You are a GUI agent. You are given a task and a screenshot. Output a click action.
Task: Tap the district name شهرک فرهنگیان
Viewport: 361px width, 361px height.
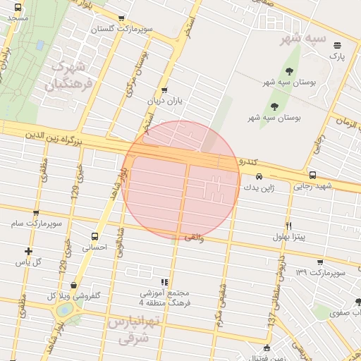[68, 78]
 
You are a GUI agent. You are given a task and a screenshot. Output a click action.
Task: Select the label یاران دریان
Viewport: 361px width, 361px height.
[164, 101]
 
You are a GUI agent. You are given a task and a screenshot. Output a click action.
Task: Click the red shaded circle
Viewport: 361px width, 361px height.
[181, 180]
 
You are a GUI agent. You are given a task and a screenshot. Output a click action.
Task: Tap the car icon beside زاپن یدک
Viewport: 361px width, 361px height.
[259, 177]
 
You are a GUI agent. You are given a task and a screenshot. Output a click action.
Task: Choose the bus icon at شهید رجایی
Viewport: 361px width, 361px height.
[312, 176]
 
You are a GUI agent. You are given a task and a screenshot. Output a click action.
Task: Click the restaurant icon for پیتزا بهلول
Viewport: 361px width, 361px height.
[288, 226]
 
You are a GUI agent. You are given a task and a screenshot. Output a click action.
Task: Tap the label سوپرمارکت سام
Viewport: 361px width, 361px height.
[41, 224]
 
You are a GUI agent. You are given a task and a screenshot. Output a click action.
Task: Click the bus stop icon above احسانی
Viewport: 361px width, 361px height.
[94, 237]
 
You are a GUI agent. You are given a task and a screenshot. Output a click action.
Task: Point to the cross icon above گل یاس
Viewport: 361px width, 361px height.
[28, 251]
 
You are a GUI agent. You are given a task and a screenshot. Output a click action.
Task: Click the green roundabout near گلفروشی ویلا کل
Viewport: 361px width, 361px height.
[64, 310]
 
